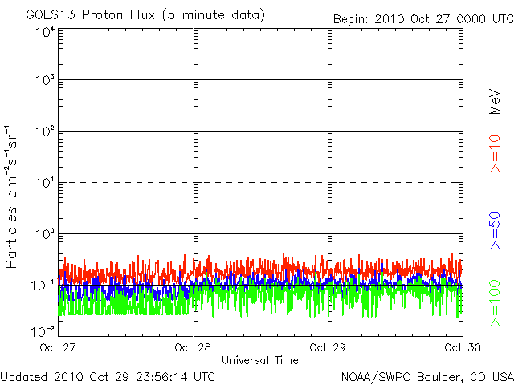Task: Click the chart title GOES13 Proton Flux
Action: [91, 15]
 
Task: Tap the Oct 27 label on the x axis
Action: [58, 347]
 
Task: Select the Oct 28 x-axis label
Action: [193, 347]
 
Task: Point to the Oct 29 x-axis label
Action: [328, 347]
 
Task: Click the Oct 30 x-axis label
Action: [463, 347]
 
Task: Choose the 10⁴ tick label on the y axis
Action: [45, 33]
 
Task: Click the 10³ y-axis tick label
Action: [45, 80]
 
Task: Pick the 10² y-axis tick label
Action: [45, 132]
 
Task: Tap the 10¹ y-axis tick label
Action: [45, 183]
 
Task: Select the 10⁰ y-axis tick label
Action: [45, 234]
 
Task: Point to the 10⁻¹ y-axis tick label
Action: [43, 286]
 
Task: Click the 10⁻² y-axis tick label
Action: [43, 331]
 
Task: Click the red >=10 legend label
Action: [495, 153]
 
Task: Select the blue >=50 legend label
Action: [495, 230]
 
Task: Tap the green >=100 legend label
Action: [495, 303]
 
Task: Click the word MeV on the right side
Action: [495, 102]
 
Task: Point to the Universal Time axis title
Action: [260, 360]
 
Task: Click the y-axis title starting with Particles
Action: [11, 197]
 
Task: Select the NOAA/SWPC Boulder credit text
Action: [427, 377]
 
